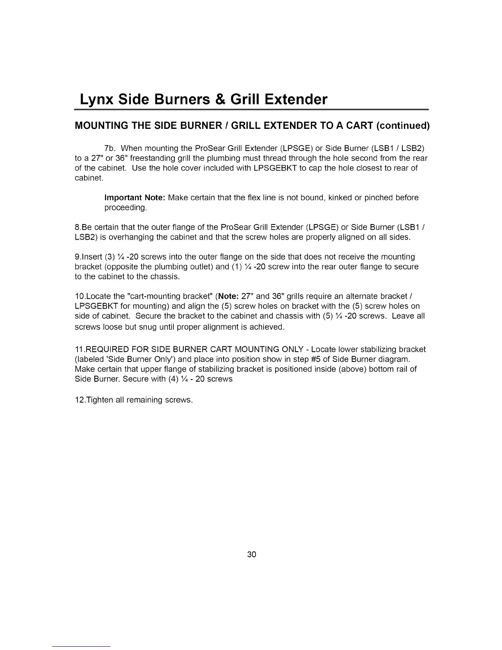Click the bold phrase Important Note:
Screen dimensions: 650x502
[x=135, y=198]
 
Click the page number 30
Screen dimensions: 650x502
[x=251, y=555]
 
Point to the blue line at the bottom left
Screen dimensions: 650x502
[x=81, y=646]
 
